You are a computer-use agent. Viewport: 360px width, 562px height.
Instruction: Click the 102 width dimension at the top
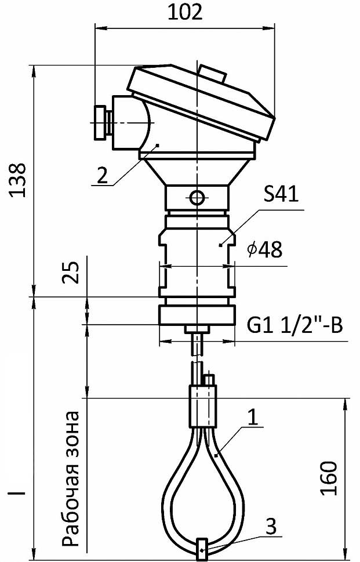click(185, 13)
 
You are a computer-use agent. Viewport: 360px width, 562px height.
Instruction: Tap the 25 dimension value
click(71, 273)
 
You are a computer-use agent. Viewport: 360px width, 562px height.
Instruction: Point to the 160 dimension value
click(329, 478)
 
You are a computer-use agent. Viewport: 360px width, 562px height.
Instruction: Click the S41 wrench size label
click(281, 195)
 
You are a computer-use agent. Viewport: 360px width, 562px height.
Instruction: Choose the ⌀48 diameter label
click(264, 249)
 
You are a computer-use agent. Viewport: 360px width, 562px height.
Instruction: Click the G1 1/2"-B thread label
click(295, 325)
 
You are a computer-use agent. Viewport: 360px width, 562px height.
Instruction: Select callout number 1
click(253, 417)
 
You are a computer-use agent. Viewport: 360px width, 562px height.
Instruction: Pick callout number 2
click(103, 176)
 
